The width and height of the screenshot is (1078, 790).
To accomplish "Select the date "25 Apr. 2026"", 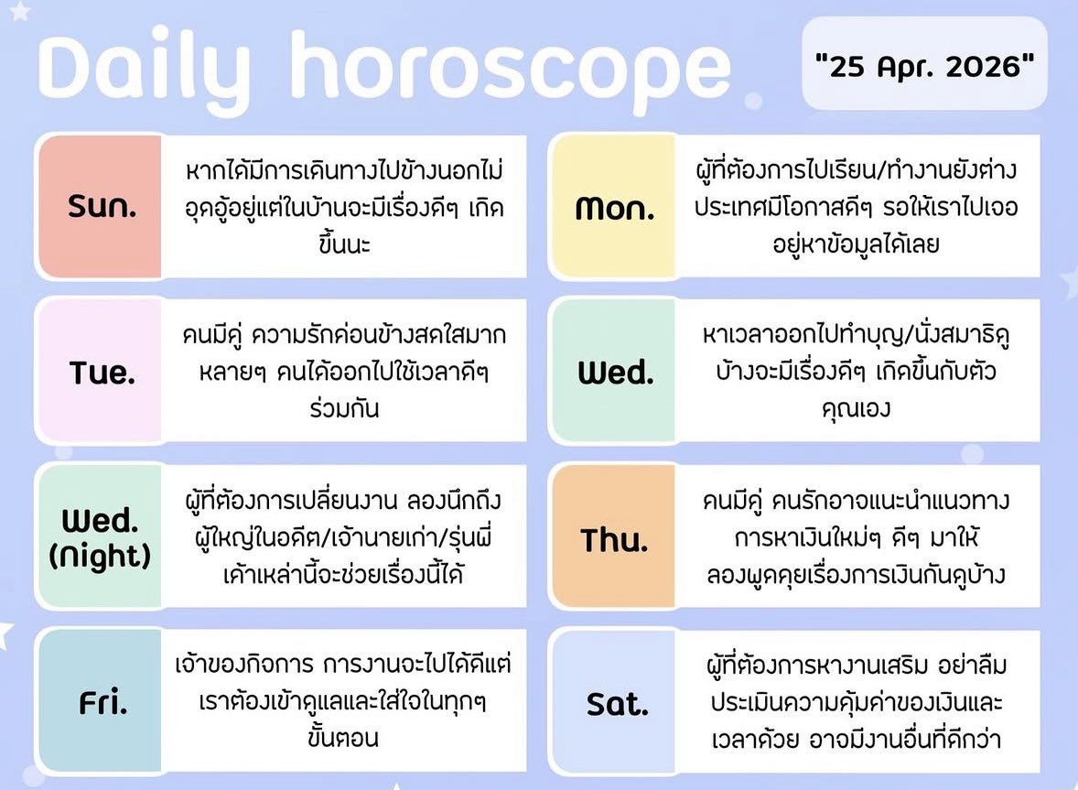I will pyautogui.click(x=923, y=67).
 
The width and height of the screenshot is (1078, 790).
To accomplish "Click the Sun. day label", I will pyautogui.click(x=102, y=208).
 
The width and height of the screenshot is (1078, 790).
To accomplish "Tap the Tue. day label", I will pyautogui.click(x=102, y=373).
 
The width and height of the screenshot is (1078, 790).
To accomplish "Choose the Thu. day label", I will pyautogui.click(x=614, y=539).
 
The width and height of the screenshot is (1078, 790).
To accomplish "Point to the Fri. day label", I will pyautogui.click(x=102, y=704).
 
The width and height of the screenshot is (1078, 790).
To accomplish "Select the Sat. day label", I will pyautogui.click(x=616, y=704).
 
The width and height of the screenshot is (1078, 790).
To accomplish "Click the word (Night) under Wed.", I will pyautogui.click(x=100, y=557).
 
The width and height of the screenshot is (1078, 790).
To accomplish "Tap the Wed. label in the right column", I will pyautogui.click(x=615, y=373).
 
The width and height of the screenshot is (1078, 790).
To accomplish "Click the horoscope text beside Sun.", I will pyautogui.click(x=345, y=208).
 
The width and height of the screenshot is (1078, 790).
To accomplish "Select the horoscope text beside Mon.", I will pyautogui.click(x=855, y=208).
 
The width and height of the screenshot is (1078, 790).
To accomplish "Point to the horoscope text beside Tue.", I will pyautogui.click(x=345, y=373).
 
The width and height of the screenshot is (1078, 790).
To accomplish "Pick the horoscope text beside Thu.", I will pyautogui.click(x=855, y=539).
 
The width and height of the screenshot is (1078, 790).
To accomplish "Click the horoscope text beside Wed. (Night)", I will pyautogui.click(x=345, y=539).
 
